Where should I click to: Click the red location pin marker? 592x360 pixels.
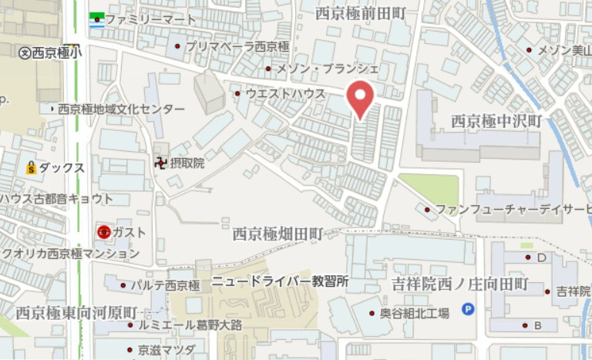[x=359, y=98]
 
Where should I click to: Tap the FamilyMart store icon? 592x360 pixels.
[x=96, y=19]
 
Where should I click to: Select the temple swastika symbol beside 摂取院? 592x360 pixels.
[x=160, y=163]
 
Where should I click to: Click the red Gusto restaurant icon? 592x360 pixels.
[x=103, y=231]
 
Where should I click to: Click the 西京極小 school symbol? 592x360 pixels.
[x=25, y=52]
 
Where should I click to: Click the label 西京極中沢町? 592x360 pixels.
[x=496, y=121]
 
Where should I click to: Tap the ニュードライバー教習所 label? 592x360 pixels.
[x=281, y=281]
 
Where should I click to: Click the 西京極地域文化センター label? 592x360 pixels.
[x=122, y=109]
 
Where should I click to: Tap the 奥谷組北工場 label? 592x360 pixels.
[x=414, y=313]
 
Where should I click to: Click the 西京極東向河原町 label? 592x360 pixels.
[x=76, y=313]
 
